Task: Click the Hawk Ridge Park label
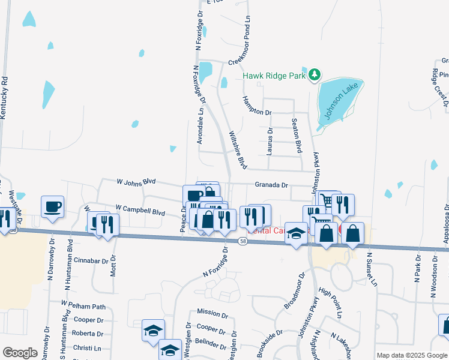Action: pyautogui.click(x=275, y=76)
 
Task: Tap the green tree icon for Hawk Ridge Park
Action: pyautogui.click(x=315, y=75)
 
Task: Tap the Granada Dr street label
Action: pyautogui.click(x=271, y=185)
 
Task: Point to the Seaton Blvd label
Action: pyautogui.click(x=295, y=136)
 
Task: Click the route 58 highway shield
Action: pyautogui.click(x=242, y=241)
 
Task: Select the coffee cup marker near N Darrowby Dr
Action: pyautogui.click(x=52, y=206)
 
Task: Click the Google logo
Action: pyautogui.click(x=20, y=353)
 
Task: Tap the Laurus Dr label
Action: pyautogui.click(x=270, y=140)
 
